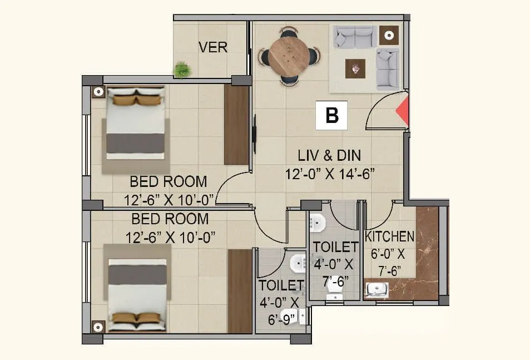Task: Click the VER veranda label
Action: click(x=213, y=47)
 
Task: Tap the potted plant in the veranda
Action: click(x=181, y=70)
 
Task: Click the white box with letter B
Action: click(x=331, y=115)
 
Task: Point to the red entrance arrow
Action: click(x=402, y=112)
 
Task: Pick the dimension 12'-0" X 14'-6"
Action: click(x=330, y=174)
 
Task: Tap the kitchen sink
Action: click(x=377, y=290)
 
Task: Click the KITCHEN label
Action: click(x=389, y=236)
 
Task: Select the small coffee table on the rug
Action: click(x=355, y=68)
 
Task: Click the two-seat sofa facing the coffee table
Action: click(x=354, y=37)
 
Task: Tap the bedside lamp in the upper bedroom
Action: click(x=98, y=92)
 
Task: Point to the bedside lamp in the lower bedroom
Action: click(x=98, y=327)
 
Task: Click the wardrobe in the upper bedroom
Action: click(x=236, y=125)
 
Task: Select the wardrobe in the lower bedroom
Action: click(x=240, y=291)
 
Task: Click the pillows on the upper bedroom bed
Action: click(x=137, y=100)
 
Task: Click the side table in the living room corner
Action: click(x=389, y=36)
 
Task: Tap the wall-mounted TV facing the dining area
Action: click(x=254, y=134)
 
